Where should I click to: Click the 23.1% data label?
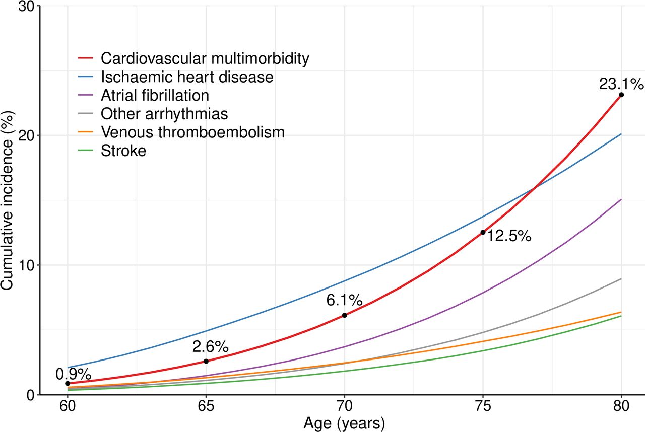[x=621, y=83]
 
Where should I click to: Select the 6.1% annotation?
[x=344, y=300]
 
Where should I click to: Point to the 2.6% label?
[x=210, y=346]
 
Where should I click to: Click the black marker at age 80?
[x=621, y=95]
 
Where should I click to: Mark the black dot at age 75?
[x=483, y=232]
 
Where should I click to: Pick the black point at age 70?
[x=345, y=315]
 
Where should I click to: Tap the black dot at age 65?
[x=206, y=361]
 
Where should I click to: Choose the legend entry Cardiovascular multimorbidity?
[x=205, y=58]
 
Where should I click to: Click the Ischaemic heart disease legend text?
[x=187, y=77]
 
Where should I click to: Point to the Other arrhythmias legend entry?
[x=164, y=114]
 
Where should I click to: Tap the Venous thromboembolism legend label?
[x=192, y=132]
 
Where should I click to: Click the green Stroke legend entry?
[x=123, y=151]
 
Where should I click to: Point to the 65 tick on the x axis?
[x=206, y=406]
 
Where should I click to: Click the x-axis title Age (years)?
[x=344, y=423]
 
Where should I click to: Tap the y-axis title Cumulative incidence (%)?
[x=7, y=200]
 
